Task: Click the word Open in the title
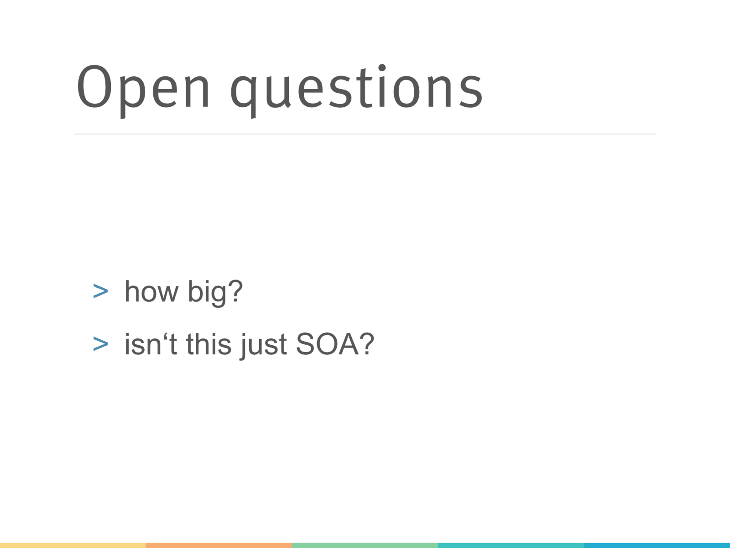pos(143,88)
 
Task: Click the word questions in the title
pos(356,88)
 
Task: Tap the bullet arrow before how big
pos(100,292)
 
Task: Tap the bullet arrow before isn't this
pos(100,344)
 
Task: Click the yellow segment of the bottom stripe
pos(73,545)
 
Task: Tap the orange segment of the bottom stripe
pos(219,545)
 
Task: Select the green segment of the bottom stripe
pos(365,545)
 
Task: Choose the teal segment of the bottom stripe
pos(511,545)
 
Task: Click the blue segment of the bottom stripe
pos(657,545)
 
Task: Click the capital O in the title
pos(94,86)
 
